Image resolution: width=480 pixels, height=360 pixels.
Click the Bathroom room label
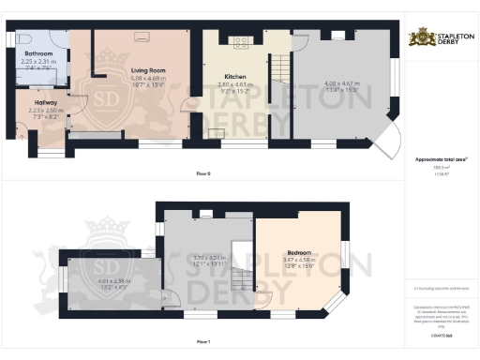[38, 54]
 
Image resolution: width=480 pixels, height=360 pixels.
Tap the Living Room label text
[142, 69]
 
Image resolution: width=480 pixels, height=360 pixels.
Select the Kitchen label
[234, 77]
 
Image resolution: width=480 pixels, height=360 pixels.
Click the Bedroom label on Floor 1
[299, 253]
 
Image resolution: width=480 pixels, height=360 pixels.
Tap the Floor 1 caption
[203, 343]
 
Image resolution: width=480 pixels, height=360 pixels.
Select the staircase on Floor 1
[242, 277]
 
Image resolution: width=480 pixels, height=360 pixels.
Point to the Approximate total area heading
[440, 160]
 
